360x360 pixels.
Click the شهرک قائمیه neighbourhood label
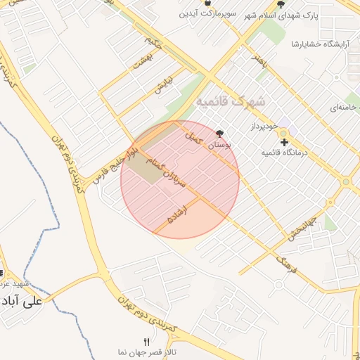(x=231, y=102)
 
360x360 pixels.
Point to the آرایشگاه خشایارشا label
(x=321, y=44)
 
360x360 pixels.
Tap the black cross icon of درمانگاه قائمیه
(x=284, y=142)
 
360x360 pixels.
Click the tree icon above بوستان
(x=221, y=133)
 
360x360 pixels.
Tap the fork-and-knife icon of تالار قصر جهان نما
(x=147, y=342)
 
